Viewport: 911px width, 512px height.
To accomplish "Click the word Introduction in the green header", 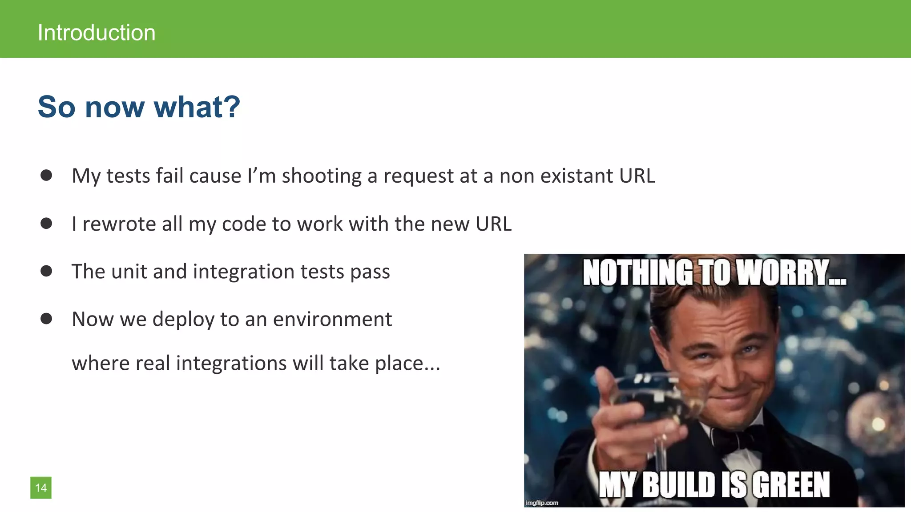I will coord(96,33).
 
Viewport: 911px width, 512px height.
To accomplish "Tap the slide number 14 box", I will coord(41,488).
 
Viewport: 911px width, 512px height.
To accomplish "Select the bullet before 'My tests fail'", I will coord(46,175).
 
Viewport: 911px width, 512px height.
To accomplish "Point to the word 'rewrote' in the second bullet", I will coord(119,224).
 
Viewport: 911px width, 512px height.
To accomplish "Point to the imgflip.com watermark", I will coord(541,503).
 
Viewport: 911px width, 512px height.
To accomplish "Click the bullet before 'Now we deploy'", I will coord(46,319).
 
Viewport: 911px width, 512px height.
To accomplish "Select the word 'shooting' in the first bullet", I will coord(322,176).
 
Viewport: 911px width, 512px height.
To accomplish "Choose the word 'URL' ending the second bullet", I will coord(493,224).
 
